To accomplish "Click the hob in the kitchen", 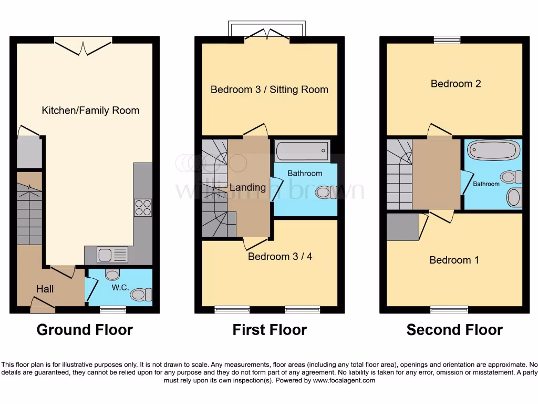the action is (x=143, y=207).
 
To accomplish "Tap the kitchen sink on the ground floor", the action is (x=112, y=255).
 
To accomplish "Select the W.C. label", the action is (x=120, y=288).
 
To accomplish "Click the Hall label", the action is (x=45, y=289).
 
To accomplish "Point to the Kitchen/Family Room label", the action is (x=90, y=110).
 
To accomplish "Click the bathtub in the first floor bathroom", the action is (x=302, y=150).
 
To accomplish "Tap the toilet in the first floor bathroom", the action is (x=327, y=193).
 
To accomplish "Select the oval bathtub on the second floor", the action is (x=493, y=150).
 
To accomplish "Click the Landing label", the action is (x=248, y=187).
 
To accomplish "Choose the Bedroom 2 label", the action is (x=456, y=84).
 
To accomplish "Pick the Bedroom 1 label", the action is (x=454, y=260).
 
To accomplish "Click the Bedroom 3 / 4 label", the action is (x=280, y=256).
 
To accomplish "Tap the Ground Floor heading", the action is (x=85, y=330).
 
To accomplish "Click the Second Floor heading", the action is (x=454, y=330).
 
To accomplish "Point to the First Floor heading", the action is (x=270, y=330).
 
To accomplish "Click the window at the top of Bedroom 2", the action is (x=447, y=40).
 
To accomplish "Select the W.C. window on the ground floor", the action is (x=113, y=310).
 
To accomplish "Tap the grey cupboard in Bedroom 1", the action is (x=403, y=227).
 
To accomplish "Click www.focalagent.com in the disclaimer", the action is (x=344, y=380).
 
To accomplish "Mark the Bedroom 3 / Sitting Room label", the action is (x=270, y=89).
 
